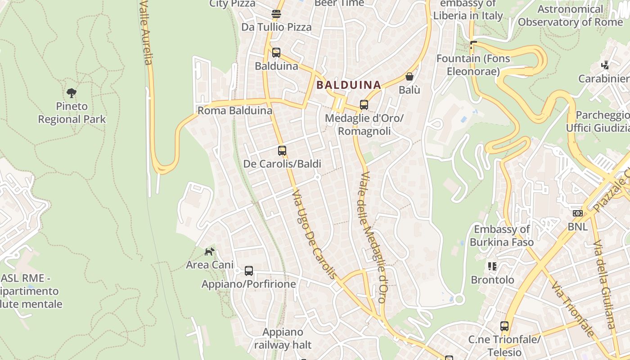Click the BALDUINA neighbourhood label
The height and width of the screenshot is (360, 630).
point(348,85)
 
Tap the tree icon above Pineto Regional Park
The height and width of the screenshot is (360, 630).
point(71,93)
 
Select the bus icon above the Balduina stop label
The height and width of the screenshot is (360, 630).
point(276,53)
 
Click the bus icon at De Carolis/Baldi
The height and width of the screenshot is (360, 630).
point(282,151)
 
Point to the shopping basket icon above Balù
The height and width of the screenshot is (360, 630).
point(409,76)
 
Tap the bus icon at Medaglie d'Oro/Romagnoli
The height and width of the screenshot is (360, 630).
point(364,105)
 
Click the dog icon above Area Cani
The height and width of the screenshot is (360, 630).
point(210,252)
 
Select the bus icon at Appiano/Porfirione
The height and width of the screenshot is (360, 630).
point(249,271)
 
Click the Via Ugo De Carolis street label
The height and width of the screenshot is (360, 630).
point(314,234)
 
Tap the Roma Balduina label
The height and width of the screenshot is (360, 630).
point(235,111)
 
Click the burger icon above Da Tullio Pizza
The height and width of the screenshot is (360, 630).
point(276,14)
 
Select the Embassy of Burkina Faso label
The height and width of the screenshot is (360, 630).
point(502,236)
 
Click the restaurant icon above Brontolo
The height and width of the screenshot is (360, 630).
point(492,266)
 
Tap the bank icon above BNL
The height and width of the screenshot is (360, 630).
point(577,213)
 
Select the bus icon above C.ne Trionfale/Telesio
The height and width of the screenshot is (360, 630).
point(504,326)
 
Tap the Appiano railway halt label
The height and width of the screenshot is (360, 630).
point(283,339)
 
